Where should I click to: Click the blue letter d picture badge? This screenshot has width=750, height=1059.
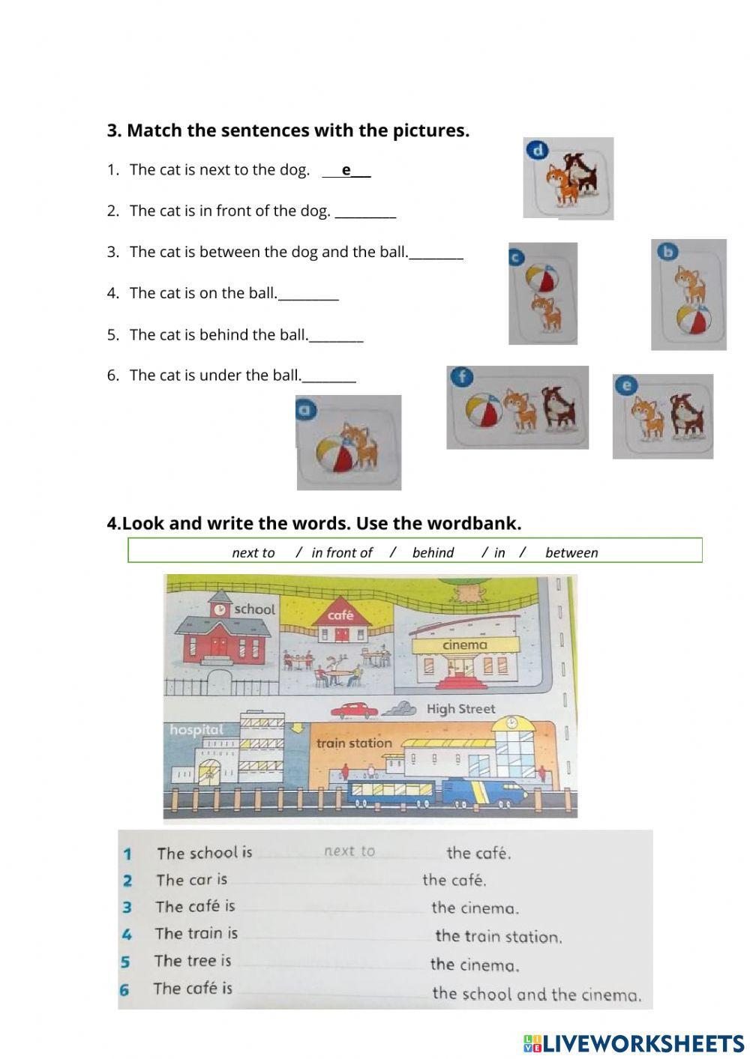coord(536,151)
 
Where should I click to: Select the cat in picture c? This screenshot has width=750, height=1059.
coord(546,313)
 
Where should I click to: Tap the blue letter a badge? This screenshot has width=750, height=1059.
coord(304,409)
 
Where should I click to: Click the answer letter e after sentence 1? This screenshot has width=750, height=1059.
coord(346,170)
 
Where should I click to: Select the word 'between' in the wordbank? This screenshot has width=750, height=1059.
coord(571,553)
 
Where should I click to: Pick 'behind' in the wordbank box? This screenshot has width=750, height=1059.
coord(433,553)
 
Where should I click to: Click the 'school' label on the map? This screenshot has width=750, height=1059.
coord(254,609)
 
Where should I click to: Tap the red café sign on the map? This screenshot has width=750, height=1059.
coord(340,615)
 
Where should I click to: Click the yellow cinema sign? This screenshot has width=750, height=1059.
coord(465,645)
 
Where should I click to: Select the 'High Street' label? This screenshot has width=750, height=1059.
coord(460,709)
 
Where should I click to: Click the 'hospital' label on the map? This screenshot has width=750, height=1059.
coord(196,729)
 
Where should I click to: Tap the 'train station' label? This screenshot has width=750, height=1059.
coord(354,743)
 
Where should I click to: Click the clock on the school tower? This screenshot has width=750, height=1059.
coord(220,610)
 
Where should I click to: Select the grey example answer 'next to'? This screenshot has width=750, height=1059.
coord(349,851)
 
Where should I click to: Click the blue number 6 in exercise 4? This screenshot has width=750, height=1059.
coord(124,990)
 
